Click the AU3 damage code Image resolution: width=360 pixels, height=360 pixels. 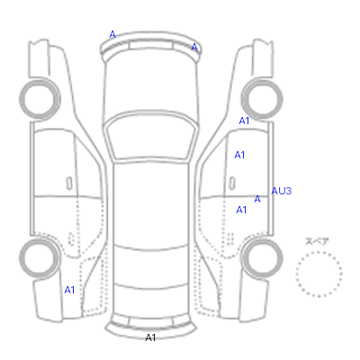[x=282, y=191]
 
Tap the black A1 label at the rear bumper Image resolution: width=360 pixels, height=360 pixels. [x=150, y=337]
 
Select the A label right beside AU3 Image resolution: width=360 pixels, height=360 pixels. [x=257, y=199]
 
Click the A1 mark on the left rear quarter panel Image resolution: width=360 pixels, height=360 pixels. [x=69, y=290]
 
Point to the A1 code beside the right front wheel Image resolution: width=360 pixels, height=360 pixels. [x=244, y=121]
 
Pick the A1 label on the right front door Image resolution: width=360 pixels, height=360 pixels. [x=239, y=155]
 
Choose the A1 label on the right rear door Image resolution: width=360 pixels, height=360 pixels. [x=241, y=210]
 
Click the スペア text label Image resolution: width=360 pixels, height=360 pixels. [x=317, y=241]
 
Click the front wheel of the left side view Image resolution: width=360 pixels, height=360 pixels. [x=21, y=98]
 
